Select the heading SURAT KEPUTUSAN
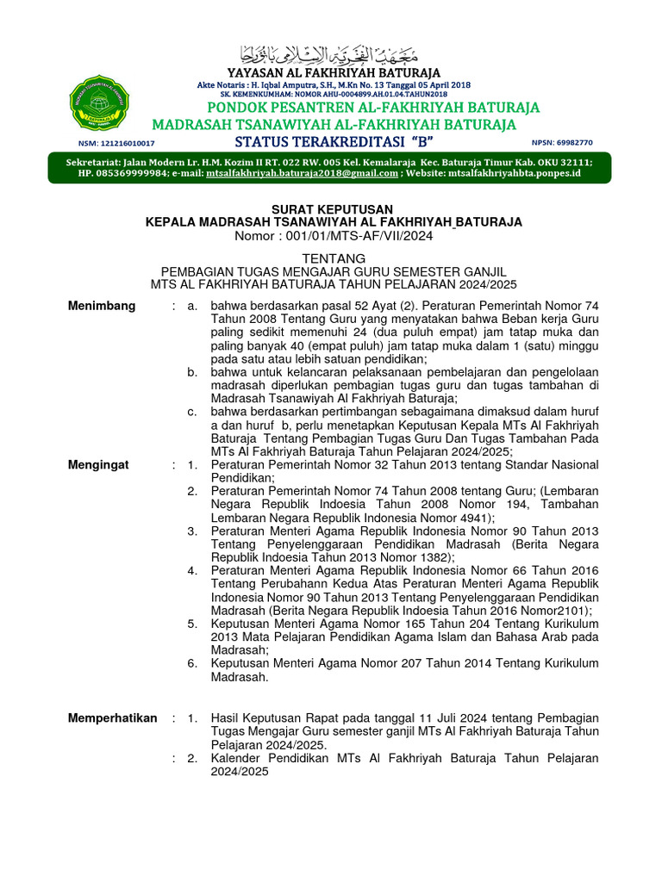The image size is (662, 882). pyautogui.click(x=333, y=209)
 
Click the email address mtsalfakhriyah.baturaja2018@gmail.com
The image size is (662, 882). pyautogui.click(x=302, y=173)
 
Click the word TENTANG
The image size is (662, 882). pyautogui.click(x=333, y=258)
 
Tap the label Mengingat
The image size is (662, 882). pyautogui.click(x=98, y=465)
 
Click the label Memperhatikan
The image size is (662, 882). pyautogui.click(x=112, y=718)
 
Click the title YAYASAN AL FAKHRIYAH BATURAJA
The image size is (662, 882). pyautogui.click(x=333, y=72)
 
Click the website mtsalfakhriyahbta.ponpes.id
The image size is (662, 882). pyautogui.click(x=515, y=173)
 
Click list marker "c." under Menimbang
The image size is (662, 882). pyautogui.click(x=193, y=412)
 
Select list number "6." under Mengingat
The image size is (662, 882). pyautogui.click(x=193, y=663)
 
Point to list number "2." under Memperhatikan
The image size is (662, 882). pyautogui.click(x=193, y=759)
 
